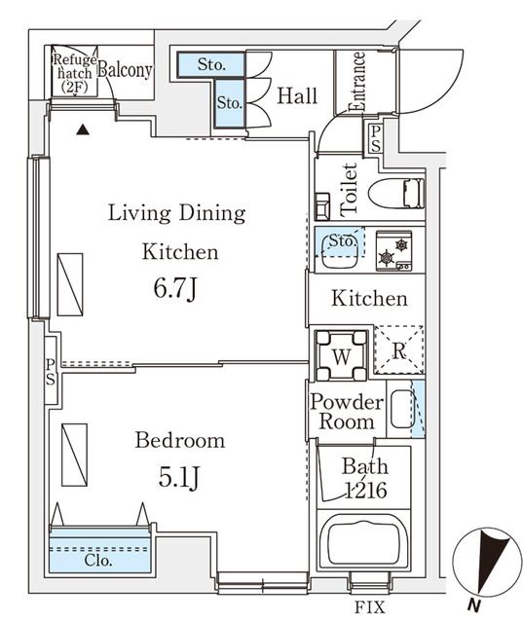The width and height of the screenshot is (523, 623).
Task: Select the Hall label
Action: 297,95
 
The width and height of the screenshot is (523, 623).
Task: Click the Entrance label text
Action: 357,82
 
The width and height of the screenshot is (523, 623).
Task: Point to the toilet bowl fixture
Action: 398,194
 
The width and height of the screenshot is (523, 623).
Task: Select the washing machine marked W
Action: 341,355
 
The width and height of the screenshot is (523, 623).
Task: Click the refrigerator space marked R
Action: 399,349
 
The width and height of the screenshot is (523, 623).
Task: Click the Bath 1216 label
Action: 363,479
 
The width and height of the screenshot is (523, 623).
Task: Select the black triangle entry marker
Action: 84,128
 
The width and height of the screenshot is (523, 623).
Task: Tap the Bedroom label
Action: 179,441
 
